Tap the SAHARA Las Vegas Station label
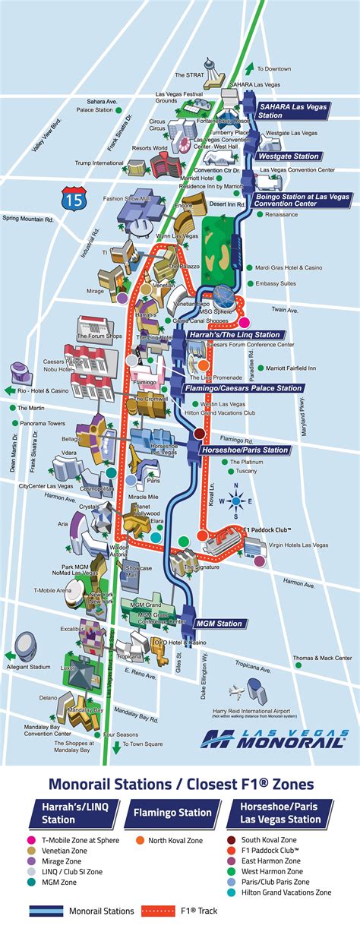[x=292, y=111]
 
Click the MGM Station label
[x=219, y=624]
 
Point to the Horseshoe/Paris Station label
[x=245, y=450]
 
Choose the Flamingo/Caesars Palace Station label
[x=243, y=387]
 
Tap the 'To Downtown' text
[x=274, y=68]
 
